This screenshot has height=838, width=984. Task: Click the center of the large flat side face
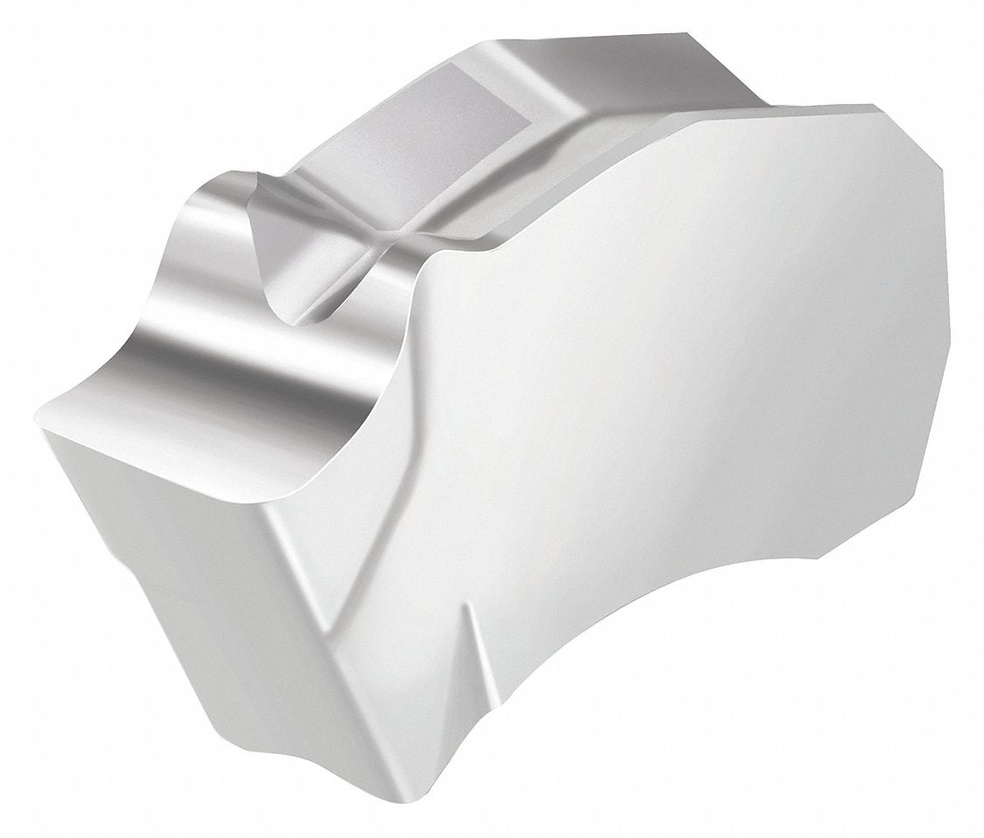point(665,350)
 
